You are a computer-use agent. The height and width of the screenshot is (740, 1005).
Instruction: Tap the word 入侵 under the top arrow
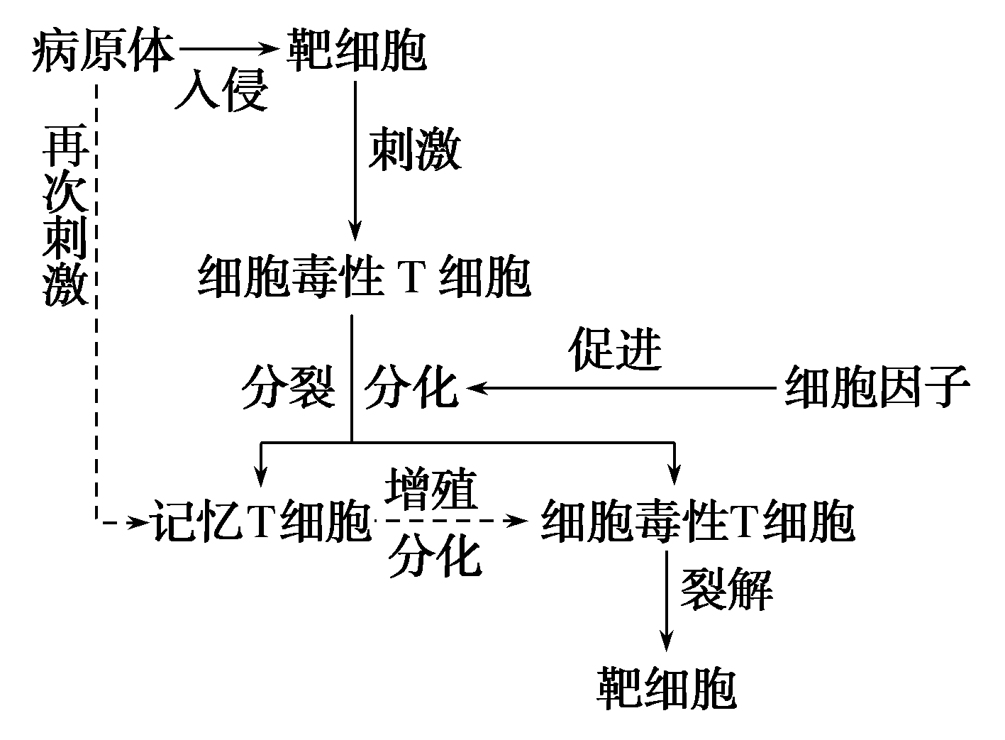222,91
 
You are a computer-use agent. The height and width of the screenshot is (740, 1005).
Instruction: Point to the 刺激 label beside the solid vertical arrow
414,150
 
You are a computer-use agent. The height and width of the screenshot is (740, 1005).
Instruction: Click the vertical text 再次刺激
65,217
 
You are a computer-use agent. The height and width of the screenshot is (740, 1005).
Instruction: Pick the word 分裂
287,387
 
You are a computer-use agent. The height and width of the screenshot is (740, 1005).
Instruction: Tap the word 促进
615,350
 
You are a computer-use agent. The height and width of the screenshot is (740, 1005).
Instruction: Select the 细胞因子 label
877,387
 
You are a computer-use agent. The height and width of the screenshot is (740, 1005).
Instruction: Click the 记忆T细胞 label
260,522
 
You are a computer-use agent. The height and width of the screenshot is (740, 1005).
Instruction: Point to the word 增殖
431,489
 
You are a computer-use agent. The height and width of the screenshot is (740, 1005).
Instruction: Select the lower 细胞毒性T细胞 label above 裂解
697,522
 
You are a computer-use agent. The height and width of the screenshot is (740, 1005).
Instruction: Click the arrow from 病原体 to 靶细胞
227,50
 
